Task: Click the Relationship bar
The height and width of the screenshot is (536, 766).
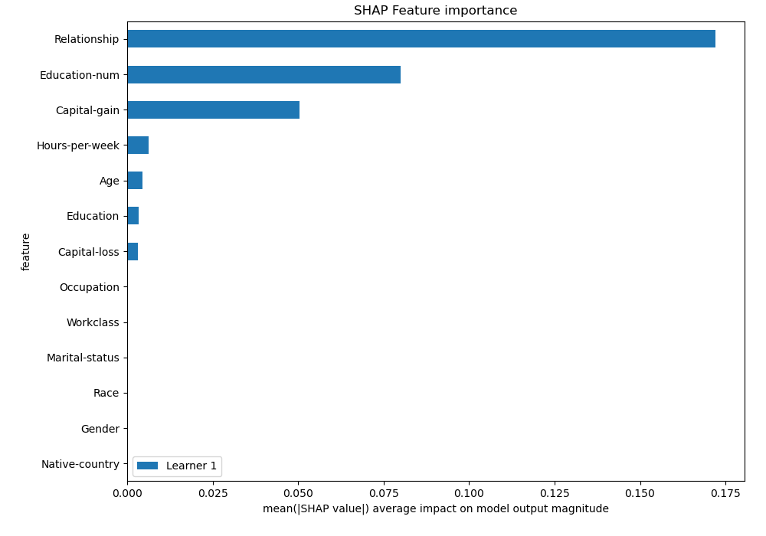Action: [x=421, y=39]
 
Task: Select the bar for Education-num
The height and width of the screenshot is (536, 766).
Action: [x=264, y=74]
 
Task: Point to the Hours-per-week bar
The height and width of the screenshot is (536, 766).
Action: [x=138, y=145]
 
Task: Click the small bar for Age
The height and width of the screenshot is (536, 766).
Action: [x=135, y=181]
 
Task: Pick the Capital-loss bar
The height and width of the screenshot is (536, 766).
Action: [x=133, y=252]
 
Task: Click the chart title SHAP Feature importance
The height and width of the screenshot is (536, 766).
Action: [x=435, y=11]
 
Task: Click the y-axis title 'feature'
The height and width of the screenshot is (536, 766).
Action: [x=26, y=252]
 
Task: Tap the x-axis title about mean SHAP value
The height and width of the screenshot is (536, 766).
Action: [x=435, y=508]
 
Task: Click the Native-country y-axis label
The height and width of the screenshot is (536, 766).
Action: [x=80, y=464]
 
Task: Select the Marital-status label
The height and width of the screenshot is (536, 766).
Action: [x=83, y=358]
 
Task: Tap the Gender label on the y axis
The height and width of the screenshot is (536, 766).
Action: [x=100, y=429]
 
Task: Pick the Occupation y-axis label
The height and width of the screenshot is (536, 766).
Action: [x=90, y=287]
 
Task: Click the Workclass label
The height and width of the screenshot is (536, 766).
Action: [x=93, y=322]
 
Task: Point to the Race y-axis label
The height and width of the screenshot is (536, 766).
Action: [x=106, y=393]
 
